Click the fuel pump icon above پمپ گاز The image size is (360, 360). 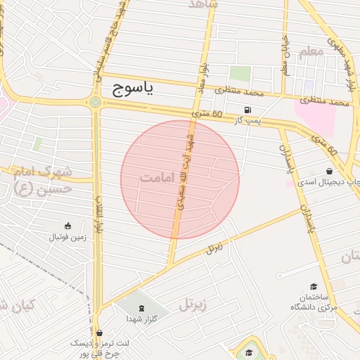[247, 110]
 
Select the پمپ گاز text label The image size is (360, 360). [247, 121]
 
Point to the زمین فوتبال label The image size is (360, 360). [67, 237]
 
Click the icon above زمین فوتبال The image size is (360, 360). [67, 226]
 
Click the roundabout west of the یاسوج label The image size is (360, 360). [95, 103]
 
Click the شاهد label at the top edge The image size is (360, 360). [204, 4]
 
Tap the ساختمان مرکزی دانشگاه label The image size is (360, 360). [314, 303]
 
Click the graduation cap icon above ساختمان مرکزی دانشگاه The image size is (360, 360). [314, 286]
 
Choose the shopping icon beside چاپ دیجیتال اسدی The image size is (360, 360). [329, 172]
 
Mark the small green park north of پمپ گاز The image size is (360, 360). [240, 73]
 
